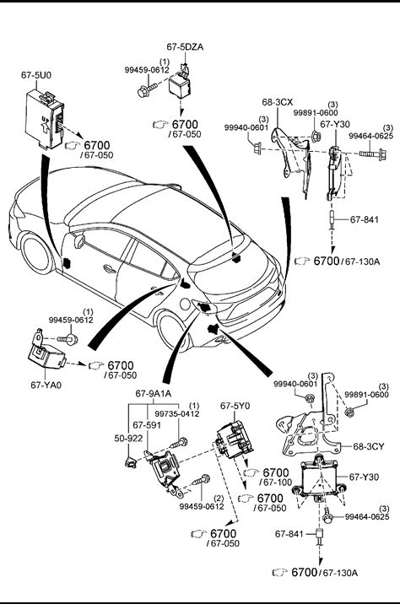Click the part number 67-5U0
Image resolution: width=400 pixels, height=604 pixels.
tap(35, 75)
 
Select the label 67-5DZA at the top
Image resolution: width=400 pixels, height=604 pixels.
tap(185, 47)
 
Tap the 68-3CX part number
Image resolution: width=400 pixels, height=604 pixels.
tap(277, 102)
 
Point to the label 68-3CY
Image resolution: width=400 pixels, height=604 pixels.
tap(369, 446)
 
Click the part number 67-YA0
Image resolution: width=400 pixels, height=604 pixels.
tap(46, 385)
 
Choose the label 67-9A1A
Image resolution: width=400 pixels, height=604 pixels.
tap(154, 394)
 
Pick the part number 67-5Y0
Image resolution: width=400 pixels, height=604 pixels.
tap(235, 406)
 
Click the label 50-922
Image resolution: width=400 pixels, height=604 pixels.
tap(128, 439)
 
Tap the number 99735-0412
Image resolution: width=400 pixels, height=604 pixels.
tap(177, 414)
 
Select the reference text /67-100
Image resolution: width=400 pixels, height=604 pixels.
tap(276, 482)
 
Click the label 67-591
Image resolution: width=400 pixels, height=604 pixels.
tap(147, 425)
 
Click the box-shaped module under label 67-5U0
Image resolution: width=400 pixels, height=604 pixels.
tap(44, 120)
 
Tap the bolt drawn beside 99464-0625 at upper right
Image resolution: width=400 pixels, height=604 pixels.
tap(373, 154)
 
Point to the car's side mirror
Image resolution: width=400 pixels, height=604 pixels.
tap(79, 240)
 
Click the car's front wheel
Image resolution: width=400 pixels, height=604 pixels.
tap(36, 254)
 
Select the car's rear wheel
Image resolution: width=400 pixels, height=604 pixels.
tap(175, 332)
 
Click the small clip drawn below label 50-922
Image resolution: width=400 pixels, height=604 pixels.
tap(130, 461)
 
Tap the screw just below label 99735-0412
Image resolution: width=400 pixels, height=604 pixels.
tap(179, 443)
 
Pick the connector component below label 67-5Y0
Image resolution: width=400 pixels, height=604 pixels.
tap(235, 440)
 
